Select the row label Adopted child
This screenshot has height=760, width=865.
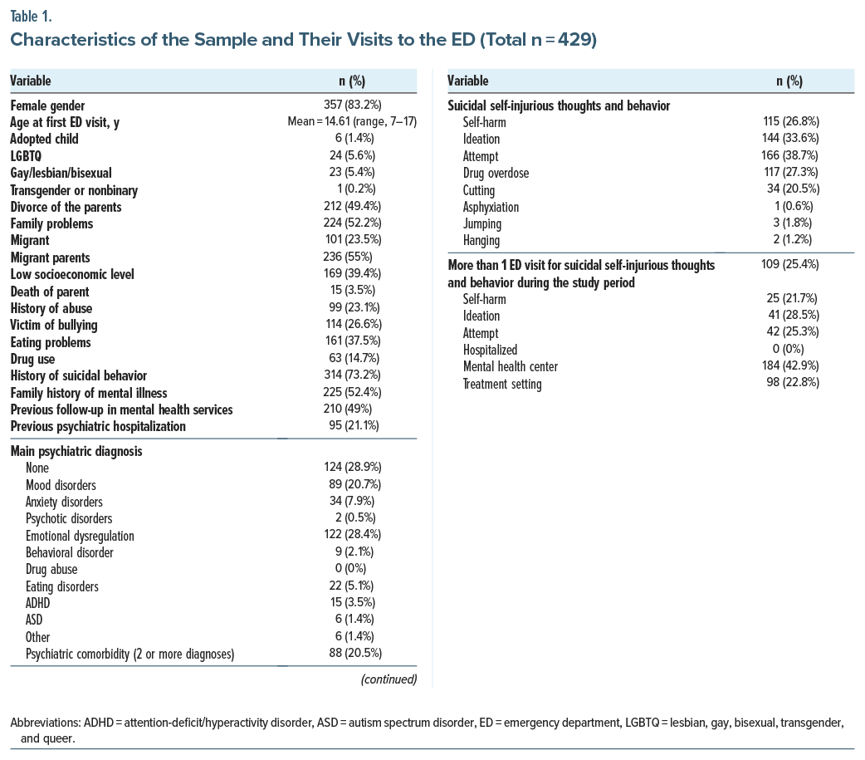[x=44, y=140]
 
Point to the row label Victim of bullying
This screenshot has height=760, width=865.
[x=54, y=326]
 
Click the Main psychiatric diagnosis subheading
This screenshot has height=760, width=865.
[x=76, y=451]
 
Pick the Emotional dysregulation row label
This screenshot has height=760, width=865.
[x=80, y=536]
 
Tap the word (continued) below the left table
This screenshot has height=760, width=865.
[x=389, y=679]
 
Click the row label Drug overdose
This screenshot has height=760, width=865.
[x=496, y=173]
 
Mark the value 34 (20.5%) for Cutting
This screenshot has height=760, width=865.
[x=785, y=190]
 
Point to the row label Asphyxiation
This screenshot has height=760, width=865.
[x=491, y=207]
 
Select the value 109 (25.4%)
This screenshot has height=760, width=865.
[x=785, y=266]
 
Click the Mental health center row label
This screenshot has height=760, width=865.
[x=511, y=367]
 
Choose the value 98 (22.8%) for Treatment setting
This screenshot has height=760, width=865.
[x=785, y=384]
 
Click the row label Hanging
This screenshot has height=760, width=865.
[x=481, y=241]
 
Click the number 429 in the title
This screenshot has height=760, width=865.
[x=571, y=41]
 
